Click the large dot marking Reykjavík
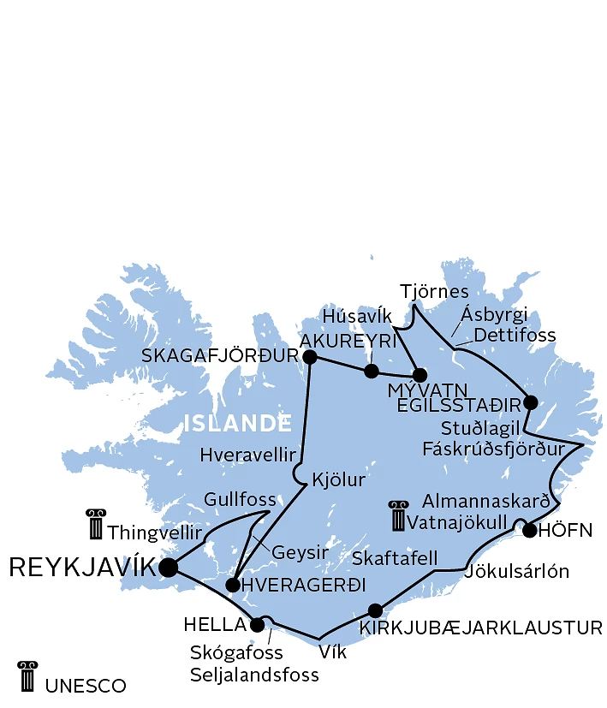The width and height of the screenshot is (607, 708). click(x=169, y=567)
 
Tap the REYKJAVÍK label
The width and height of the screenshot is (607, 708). click(x=82, y=567)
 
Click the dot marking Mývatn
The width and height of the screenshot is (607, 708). click(x=420, y=375)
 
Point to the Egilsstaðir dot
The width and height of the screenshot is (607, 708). click(x=530, y=402)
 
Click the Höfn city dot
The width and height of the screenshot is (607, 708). click(x=529, y=531)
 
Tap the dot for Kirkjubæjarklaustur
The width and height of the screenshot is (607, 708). click(x=375, y=610)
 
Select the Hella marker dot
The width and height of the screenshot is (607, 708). click(x=257, y=625)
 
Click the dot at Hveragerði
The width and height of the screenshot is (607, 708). click(x=232, y=586)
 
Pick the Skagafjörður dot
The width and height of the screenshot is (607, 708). click(x=310, y=357)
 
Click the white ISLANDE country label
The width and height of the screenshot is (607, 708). click(x=237, y=423)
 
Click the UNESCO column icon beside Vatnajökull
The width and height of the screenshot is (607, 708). click(x=396, y=516)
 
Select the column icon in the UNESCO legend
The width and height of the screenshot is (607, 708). click(x=27, y=676)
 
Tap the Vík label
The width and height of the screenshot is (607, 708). click(x=332, y=651)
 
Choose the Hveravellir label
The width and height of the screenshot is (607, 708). click(x=247, y=455)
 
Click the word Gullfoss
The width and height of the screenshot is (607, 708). click(x=240, y=499)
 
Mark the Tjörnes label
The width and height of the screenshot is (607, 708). click(x=434, y=291)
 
